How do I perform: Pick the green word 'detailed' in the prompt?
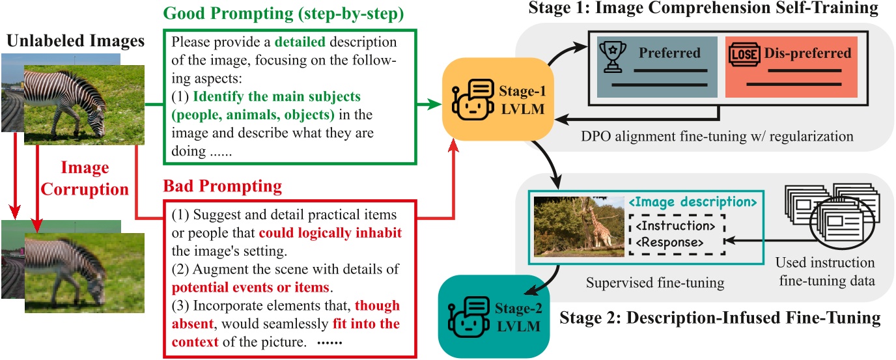click(x=301, y=43)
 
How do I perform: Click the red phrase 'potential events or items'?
click(x=251, y=286)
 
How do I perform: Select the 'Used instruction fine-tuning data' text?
click(x=825, y=273)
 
